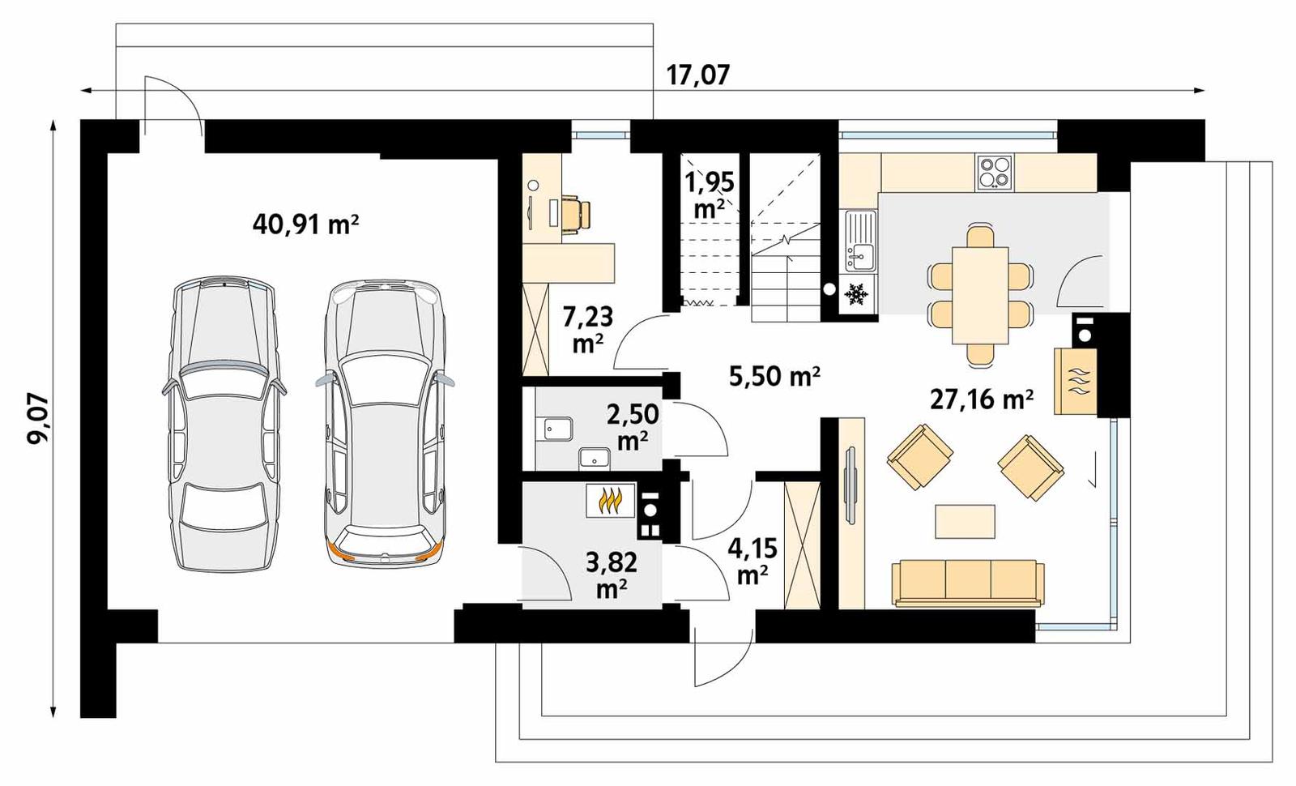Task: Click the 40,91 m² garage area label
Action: (x=305, y=224)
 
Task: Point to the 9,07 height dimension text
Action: (x=37, y=418)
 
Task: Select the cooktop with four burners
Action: (x=995, y=172)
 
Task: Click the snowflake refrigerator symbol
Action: (x=856, y=293)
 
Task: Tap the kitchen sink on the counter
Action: (x=860, y=240)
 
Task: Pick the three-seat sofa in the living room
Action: (x=967, y=583)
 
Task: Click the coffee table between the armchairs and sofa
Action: (x=965, y=521)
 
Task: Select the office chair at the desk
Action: (x=576, y=213)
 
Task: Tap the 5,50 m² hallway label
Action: (x=775, y=376)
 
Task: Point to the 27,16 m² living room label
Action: (x=981, y=399)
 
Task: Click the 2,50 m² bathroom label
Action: (x=632, y=427)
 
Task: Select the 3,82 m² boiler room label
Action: (x=612, y=574)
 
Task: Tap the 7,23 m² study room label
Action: (x=587, y=328)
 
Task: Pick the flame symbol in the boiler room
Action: (x=610, y=502)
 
